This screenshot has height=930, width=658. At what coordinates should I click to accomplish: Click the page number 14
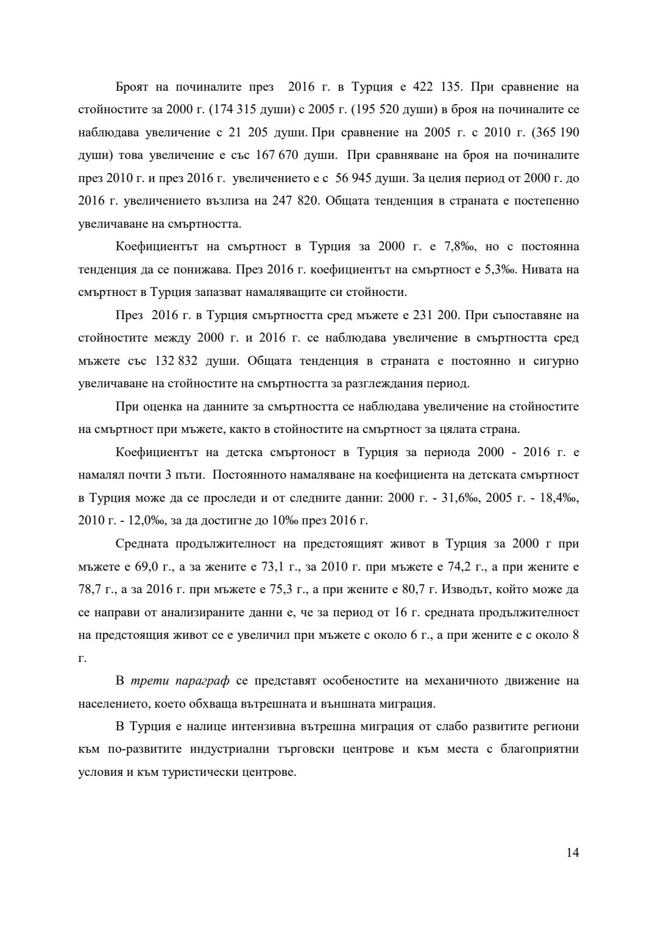[572, 852]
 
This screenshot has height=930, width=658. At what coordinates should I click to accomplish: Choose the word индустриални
[229, 749]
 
